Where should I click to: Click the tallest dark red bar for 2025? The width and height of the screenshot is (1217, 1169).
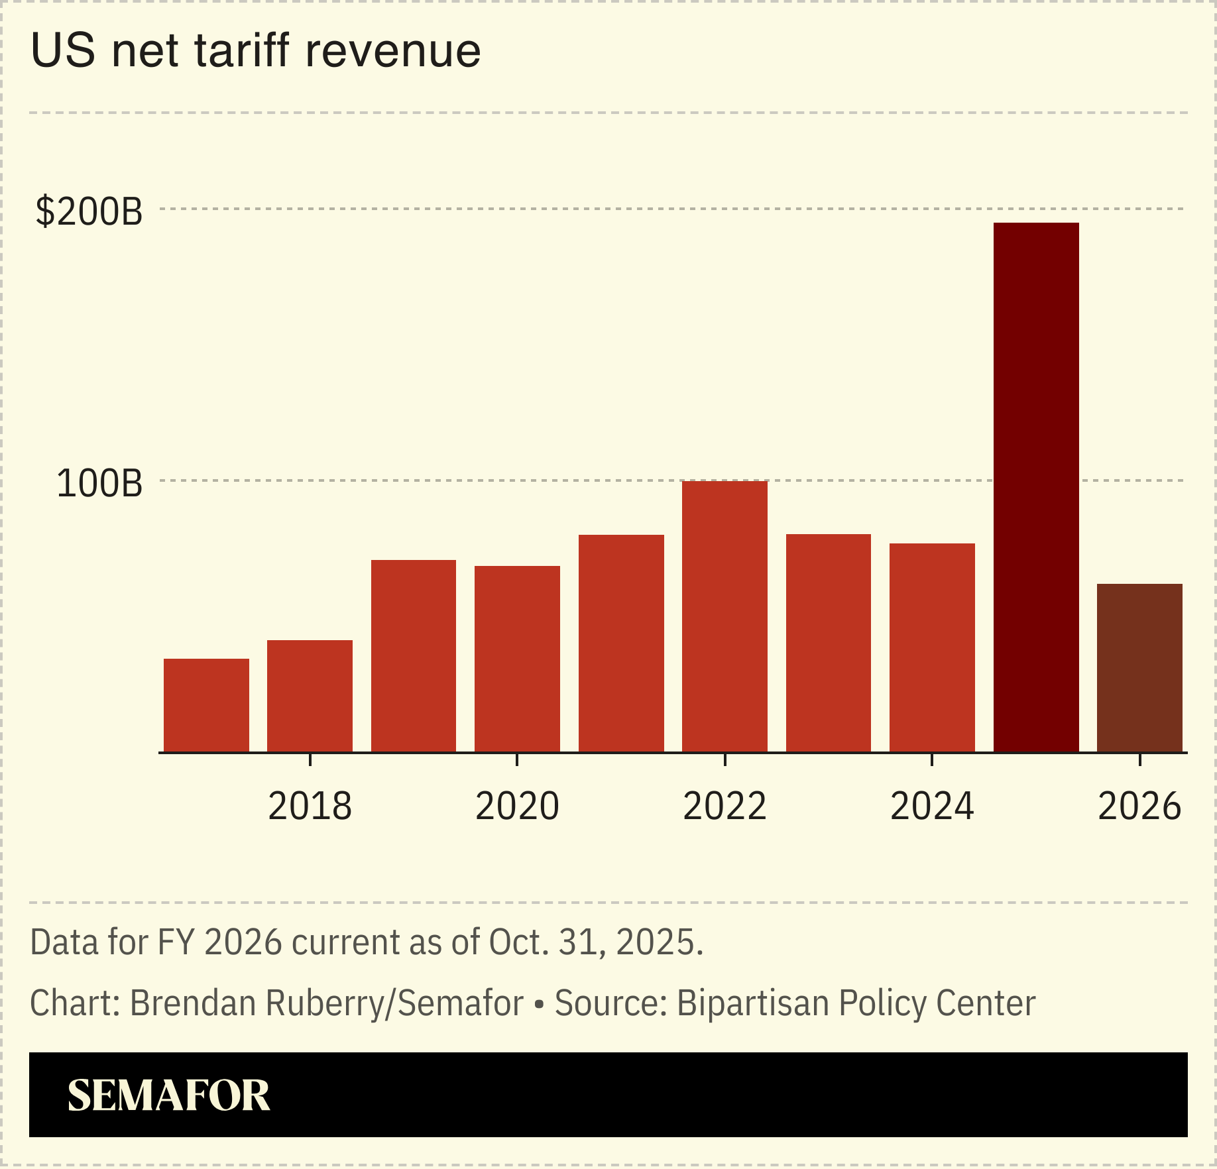pyautogui.click(x=1036, y=487)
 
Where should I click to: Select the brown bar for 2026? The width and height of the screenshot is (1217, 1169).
pyautogui.click(x=1139, y=668)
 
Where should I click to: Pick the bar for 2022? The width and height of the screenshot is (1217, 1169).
pyautogui.click(x=724, y=616)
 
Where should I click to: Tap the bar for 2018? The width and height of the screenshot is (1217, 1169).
pyautogui.click(x=310, y=696)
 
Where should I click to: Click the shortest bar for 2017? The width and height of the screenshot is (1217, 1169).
pyautogui.click(x=206, y=705)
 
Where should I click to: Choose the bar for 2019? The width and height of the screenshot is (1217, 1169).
pyautogui.click(x=414, y=656)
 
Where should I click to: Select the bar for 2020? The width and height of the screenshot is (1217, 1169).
pyautogui.click(x=517, y=659)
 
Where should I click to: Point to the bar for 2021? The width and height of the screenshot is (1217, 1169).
pyautogui.click(x=621, y=643)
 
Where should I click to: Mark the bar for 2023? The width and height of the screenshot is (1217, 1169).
pyautogui.click(x=829, y=643)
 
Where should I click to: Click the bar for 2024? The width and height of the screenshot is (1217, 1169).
pyautogui.click(x=932, y=647)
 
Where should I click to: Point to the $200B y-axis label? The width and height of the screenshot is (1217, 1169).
pyautogui.click(x=89, y=211)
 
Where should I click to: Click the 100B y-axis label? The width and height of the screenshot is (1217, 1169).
pyautogui.click(x=99, y=483)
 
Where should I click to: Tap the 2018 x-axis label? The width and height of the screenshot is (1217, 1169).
pyautogui.click(x=310, y=806)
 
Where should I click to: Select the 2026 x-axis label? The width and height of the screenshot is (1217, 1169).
pyautogui.click(x=1139, y=806)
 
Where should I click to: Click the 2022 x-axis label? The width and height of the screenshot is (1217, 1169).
pyautogui.click(x=724, y=806)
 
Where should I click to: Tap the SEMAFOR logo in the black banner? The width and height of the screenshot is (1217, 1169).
pyautogui.click(x=169, y=1095)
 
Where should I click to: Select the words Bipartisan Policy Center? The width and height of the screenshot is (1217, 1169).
pyautogui.click(x=856, y=1003)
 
